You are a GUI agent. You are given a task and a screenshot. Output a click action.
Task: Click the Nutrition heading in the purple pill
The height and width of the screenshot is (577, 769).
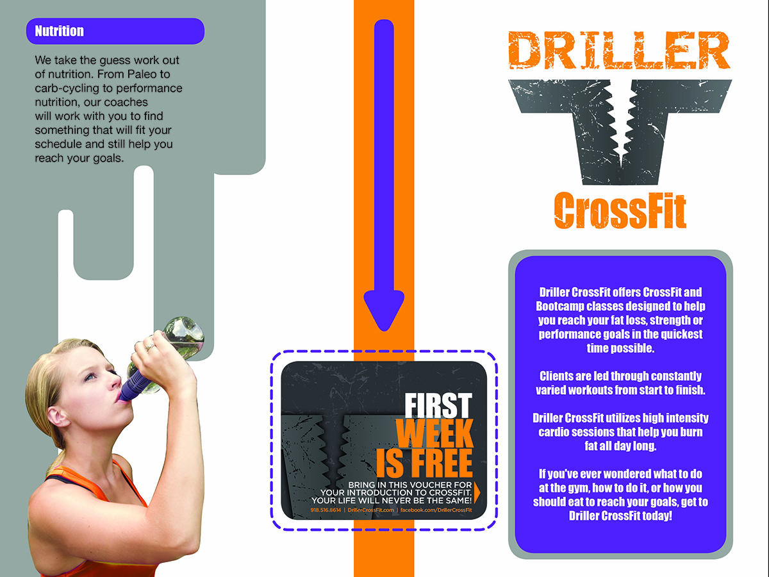click(59, 31)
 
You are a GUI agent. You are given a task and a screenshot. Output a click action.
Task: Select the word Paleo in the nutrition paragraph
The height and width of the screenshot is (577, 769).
click(149, 74)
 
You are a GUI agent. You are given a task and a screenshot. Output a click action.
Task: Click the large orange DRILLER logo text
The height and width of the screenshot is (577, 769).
click(618, 50)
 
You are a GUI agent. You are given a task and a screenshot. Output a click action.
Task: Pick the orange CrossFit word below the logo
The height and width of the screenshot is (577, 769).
click(620, 210)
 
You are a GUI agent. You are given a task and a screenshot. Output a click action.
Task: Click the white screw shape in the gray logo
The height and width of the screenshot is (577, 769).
click(619, 119)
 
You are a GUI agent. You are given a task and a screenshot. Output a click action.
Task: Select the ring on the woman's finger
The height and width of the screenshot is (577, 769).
click(150, 347)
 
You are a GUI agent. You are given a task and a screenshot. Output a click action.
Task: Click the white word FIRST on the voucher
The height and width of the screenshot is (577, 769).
click(437, 406)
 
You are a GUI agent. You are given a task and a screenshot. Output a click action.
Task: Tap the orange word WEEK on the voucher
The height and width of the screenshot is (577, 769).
click(434, 435)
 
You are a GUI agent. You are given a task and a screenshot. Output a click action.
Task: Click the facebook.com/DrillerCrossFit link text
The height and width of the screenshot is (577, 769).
click(436, 510)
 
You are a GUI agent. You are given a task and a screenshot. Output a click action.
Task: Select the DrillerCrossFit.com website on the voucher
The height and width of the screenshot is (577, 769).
click(370, 510)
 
